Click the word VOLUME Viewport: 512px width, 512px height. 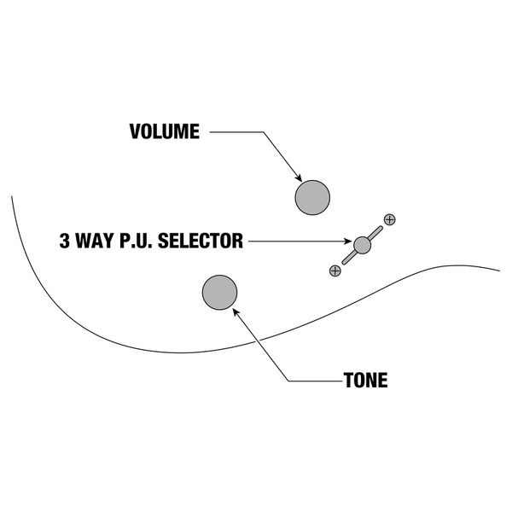pyautogui.click(x=164, y=132)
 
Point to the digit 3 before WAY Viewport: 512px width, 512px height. pyautogui.click(x=65, y=241)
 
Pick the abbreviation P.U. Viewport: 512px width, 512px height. pyautogui.click(x=138, y=241)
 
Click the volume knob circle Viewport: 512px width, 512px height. pyautogui.click(x=312, y=198)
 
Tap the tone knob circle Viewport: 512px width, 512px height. pyautogui.click(x=219, y=293)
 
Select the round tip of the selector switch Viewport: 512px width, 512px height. pyautogui.click(x=363, y=245)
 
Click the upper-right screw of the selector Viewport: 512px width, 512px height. pyautogui.click(x=390, y=219)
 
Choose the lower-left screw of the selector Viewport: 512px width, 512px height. pyautogui.click(x=335, y=271)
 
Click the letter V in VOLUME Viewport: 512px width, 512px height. pyautogui.click(x=135, y=132)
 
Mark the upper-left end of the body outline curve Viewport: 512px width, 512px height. pyautogui.click(x=12, y=197)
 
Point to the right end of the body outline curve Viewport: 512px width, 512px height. pyautogui.click(x=499, y=271)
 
